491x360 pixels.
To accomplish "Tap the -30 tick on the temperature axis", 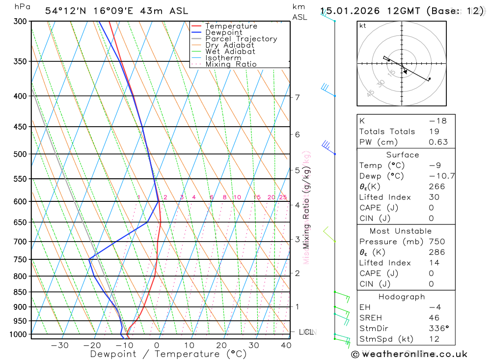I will coord(60,345).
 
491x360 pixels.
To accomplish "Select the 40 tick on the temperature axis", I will coord(286,345).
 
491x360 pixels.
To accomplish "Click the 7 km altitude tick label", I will coord(298,97).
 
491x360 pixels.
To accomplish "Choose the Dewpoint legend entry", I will coord(223,32).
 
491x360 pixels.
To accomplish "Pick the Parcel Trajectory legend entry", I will coord(241,39).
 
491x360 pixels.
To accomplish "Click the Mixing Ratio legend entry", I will coord(231,64).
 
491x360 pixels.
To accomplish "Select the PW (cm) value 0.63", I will coord(438,142).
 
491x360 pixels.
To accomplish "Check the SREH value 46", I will coord(434,318).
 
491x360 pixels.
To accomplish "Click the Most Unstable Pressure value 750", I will coord(436,242).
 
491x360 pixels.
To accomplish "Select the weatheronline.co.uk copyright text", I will coord(409,354).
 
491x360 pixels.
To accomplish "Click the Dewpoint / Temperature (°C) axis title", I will coord(168,354).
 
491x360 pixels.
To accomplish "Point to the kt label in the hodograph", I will coord(363,26).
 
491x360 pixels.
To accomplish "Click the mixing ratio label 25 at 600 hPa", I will coord(283,197).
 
